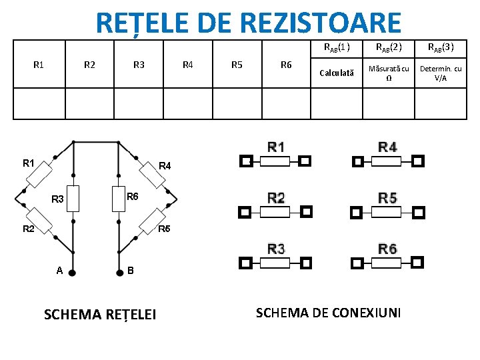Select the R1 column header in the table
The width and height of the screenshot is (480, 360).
39,65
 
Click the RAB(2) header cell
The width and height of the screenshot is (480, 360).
388,47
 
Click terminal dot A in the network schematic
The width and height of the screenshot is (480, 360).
73,272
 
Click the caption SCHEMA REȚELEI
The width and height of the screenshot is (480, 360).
99,313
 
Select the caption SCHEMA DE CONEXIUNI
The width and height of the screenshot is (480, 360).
329,312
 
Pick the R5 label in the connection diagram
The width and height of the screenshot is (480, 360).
387,197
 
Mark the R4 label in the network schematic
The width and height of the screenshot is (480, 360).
164,165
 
